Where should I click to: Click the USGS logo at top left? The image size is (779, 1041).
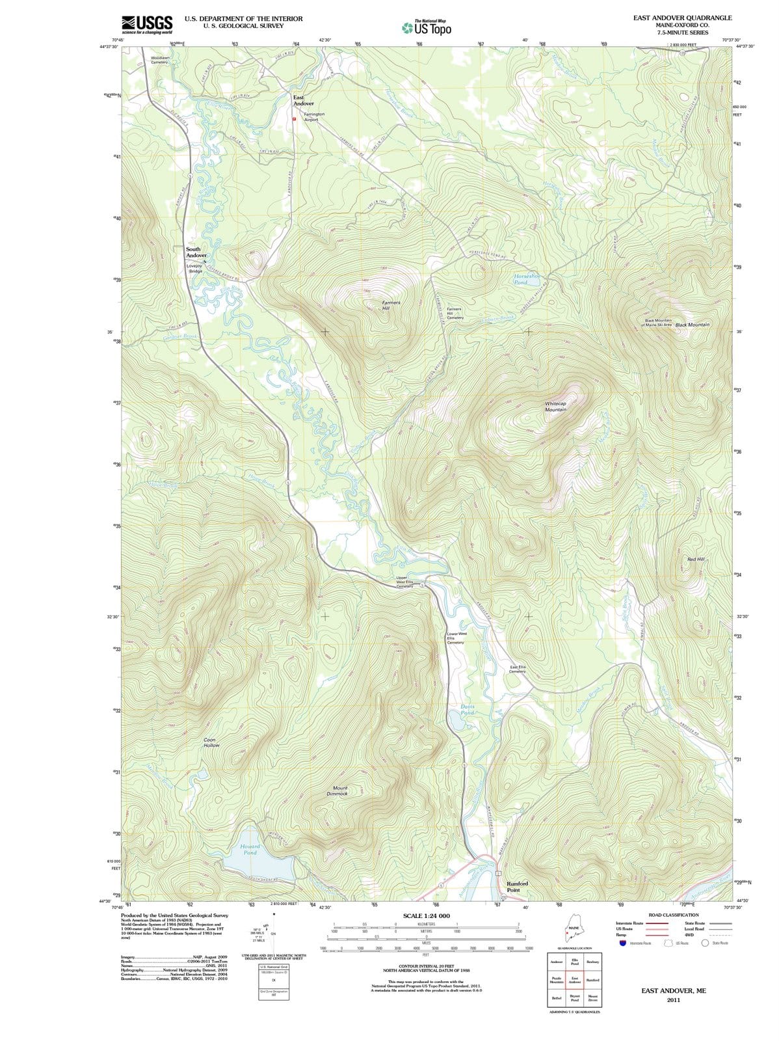pyautogui.click(x=147, y=25)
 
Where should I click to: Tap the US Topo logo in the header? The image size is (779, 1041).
pyautogui.click(x=427, y=28)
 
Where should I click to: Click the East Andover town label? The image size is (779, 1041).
pyautogui.click(x=303, y=100)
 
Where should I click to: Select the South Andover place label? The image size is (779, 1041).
pyautogui.click(x=197, y=252)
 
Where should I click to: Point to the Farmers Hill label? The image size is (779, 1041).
pyautogui.click(x=391, y=305)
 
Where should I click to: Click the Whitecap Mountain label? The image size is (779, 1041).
pyautogui.click(x=555, y=407)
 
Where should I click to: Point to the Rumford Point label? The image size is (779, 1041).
pyautogui.click(x=517, y=887)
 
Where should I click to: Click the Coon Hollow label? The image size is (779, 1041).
pyautogui.click(x=211, y=742)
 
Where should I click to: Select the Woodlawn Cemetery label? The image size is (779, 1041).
pyautogui.click(x=159, y=60)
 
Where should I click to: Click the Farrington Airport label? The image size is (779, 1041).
pyautogui.click(x=314, y=117)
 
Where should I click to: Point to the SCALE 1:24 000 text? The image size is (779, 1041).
pyautogui.click(x=426, y=916)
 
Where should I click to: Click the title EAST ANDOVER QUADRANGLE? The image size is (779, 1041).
pyautogui.click(x=682, y=18)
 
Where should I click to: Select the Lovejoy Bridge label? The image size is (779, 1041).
pyautogui.click(x=195, y=268)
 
